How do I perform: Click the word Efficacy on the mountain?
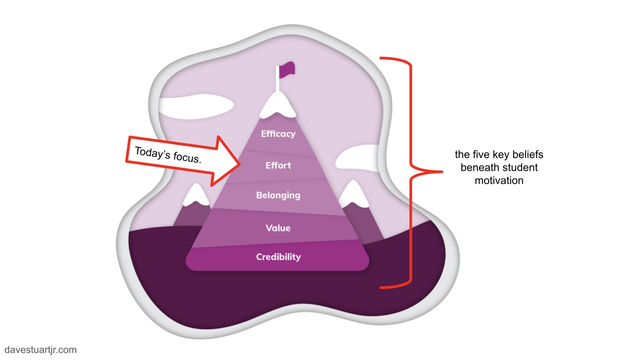pyautogui.click(x=278, y=134)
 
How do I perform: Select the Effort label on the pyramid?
pyautogui.click(x=278, y=166)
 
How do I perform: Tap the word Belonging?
pyautogui.click(x=278, y=195)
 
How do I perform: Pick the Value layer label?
pyautogui.click(x=278, y=228)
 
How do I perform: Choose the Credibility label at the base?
pyautogui.click(x=278, y=257)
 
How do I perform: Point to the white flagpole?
pyautogui.click(x=278, y=80)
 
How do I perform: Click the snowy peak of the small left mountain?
pyautogui.click(x=196, y=195)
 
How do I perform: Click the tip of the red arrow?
pyautogui.click(x=239, y=164)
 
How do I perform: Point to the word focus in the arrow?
pyautogui.click(x=187, y=157)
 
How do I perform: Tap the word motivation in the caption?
pyautogui.click(x=499, y=181)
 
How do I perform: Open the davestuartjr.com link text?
pyautogui.click(x=41, y=350)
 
